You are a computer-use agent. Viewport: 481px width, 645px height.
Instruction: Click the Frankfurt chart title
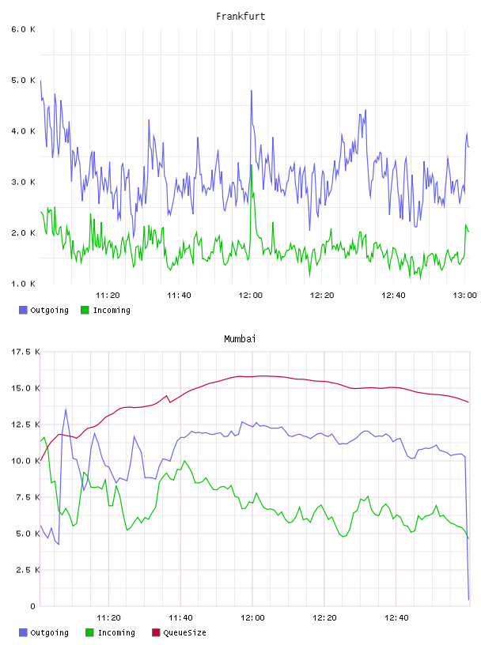click(x=240, y=17)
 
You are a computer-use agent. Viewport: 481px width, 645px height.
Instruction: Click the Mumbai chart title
click(x=240, y=339)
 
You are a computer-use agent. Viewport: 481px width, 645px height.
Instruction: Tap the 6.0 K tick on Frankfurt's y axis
click(x=23, y=29)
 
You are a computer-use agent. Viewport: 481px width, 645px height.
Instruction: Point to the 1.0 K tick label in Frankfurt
click(x=23, y=284)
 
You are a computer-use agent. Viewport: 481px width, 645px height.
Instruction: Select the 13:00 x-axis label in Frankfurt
click(x=464, y=295)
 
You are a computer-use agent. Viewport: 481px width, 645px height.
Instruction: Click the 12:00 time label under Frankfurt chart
click(x=250, y=295)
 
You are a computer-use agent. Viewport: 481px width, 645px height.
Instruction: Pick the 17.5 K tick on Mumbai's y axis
click(x=25, y=352)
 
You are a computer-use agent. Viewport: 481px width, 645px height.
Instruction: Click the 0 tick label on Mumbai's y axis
click(x=32, y=606)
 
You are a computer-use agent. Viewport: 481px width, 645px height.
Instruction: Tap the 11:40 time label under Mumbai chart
click(x=180, y=617)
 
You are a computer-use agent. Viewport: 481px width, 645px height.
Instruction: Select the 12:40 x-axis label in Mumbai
click(x=396, y=617)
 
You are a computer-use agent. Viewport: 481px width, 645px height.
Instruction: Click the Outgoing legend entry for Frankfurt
click(x=44, y=310)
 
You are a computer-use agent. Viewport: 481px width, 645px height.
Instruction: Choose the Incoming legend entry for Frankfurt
click(x=106, y=310)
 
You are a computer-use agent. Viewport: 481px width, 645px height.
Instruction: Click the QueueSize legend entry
click(x=179, y=632)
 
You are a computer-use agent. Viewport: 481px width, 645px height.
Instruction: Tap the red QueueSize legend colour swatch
click(x=156, y=632)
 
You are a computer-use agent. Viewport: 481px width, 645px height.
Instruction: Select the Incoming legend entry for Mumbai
click(x=111, y=632)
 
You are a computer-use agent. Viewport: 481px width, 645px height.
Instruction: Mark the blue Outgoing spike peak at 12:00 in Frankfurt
click(x=252, y=90)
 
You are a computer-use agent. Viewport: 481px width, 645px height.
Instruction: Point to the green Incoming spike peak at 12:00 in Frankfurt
click(x=252, y=165)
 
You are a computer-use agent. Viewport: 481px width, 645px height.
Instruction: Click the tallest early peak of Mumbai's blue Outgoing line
click(x=66, y=409)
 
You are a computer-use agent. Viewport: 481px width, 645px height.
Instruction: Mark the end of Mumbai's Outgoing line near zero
click(x=468, y=599)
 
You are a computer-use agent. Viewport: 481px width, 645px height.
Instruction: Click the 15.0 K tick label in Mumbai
click(x=25, y=388)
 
